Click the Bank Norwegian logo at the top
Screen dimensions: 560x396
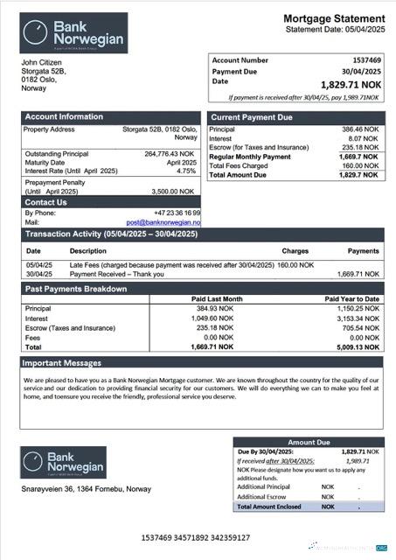pyautogui.click(x=74, y=33)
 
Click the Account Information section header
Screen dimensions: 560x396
pyautogui.click(x=64, y=116)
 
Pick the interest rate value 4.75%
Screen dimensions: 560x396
pyautogui.click(x=186, y=171)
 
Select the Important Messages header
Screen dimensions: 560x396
pyautogui.click(x=62, y=362)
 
